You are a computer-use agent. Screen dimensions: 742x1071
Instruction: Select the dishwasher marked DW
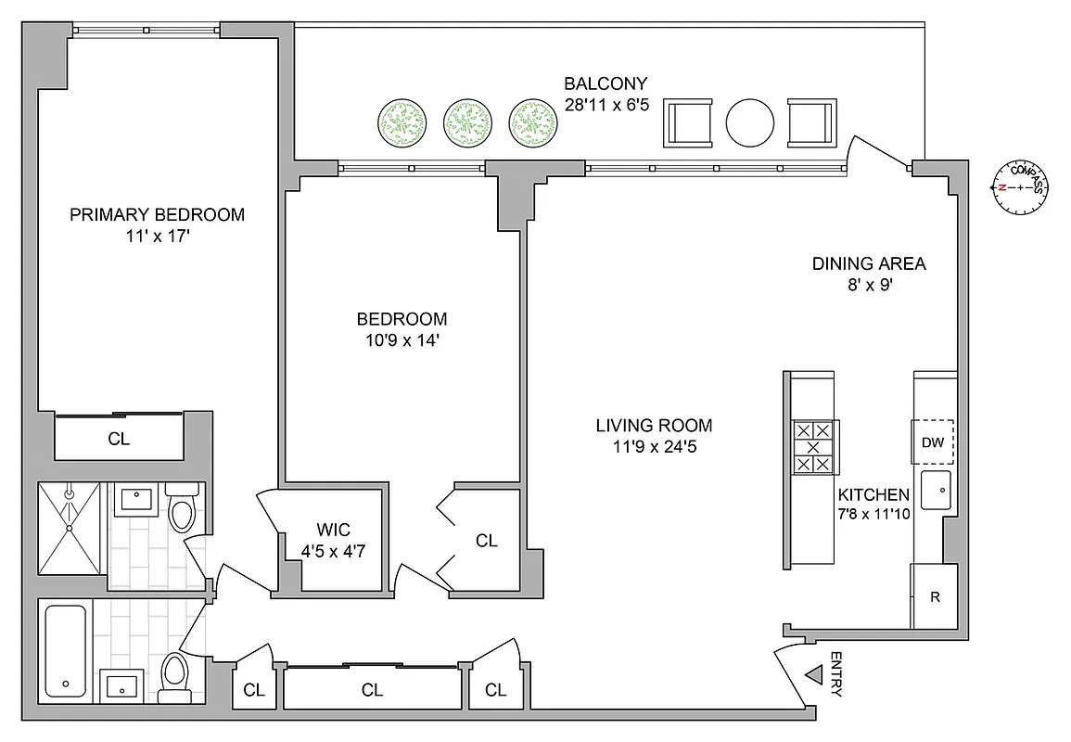[932, 442]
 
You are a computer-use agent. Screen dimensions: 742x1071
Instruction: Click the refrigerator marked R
[935, 596]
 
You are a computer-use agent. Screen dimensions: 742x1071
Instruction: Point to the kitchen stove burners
[814, 447]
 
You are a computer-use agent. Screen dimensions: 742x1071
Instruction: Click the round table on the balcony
[749, 122]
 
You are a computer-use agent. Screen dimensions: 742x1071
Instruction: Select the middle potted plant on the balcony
[468, 122]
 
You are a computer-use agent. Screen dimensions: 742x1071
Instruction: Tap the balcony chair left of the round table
[687, 122]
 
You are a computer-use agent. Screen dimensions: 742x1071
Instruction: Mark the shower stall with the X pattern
[70, 528]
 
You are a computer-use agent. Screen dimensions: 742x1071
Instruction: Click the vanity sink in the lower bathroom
[121, 687]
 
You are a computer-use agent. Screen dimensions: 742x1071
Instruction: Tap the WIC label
[333, 530]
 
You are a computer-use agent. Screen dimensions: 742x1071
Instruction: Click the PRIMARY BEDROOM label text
[158, 215]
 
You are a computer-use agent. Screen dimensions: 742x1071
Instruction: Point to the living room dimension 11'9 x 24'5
[654, 446]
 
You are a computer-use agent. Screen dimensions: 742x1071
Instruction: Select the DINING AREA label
[869, 263]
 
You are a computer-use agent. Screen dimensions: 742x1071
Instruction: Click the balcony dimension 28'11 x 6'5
[606, 104]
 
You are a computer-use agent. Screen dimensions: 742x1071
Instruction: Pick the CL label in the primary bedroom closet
[119, 439]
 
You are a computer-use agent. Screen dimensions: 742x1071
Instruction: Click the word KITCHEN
[873, 494]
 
